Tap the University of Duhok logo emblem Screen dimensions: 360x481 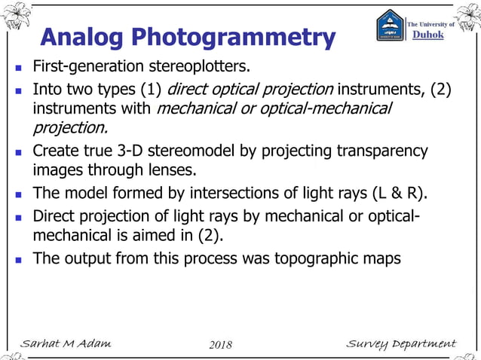click(x=390, y=26)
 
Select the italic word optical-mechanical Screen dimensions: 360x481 click(x=332, y=109)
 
